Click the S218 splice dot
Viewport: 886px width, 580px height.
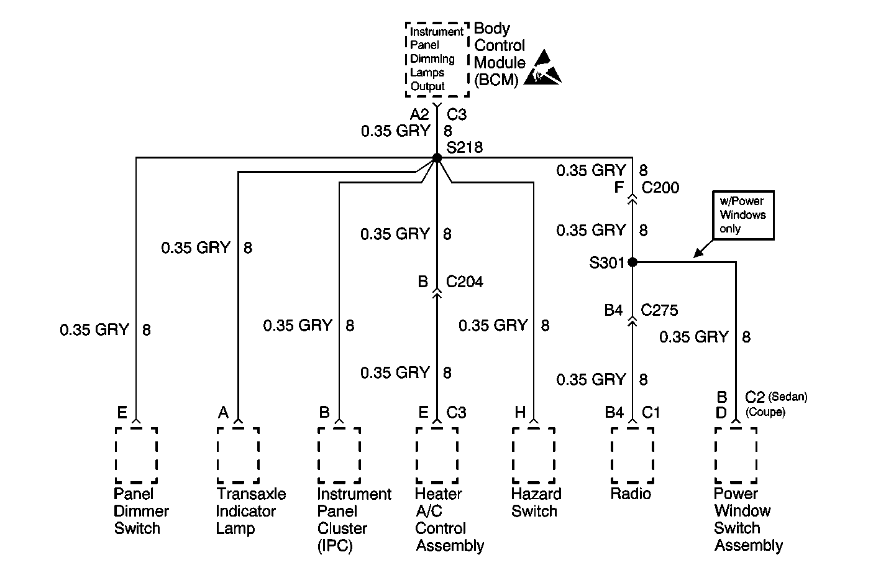[x=437, y=158]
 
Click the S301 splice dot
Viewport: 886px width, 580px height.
[x=633, y=262]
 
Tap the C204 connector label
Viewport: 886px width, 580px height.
[x=464, y=282]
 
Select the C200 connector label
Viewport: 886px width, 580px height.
[x=660, y=188]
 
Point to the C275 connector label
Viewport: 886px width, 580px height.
[x=659, y=310]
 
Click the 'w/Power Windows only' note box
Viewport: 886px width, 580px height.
[x=743, y=215]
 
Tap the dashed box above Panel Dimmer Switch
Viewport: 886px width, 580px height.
[x=137, y=456]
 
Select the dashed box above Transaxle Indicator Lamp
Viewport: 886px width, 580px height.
[x=238, y=456]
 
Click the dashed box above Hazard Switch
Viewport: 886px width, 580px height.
[x=534, y=456]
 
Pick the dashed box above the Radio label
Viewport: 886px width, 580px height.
[x=633, y=456]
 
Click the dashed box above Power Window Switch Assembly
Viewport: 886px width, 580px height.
[x=736, y=456]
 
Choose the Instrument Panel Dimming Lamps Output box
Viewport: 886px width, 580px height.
[x=437, y=59]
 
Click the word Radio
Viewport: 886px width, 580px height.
[x=631, y=494]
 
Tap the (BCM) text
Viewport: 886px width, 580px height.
[x=496, y=80]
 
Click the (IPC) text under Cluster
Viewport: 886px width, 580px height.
[x=335, y=546]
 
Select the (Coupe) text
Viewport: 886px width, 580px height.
[x=765, y=412]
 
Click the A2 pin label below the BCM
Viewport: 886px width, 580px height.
[x=419, y=115]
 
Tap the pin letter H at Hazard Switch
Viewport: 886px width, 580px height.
[x=520, y=412]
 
